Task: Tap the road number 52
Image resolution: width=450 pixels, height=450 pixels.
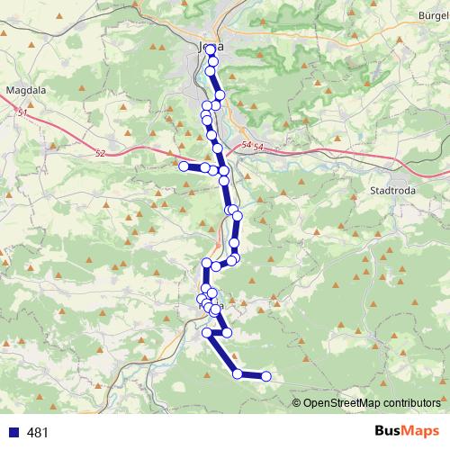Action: click(99, 154)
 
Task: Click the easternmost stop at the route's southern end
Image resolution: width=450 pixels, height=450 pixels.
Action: click(265, 376)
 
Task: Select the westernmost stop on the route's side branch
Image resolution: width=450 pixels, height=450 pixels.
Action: click(184, 166)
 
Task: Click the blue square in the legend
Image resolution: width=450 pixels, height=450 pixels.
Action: click(12, 433)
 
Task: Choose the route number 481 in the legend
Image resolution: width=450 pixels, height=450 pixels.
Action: click(38, 433)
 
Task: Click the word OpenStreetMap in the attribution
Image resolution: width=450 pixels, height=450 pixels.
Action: click(346, 402)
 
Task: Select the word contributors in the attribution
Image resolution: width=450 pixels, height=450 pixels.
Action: click(414, 402)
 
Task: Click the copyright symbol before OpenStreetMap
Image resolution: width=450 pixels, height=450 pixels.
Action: click(297, 402)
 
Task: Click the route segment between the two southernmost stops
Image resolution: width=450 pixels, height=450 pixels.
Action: click(252, 375)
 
